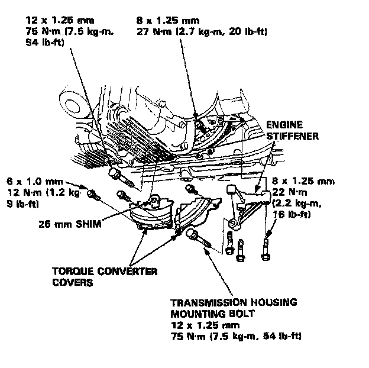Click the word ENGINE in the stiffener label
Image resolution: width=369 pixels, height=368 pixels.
pos(285,125)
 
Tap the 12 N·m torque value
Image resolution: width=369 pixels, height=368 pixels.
pos(22,191)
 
